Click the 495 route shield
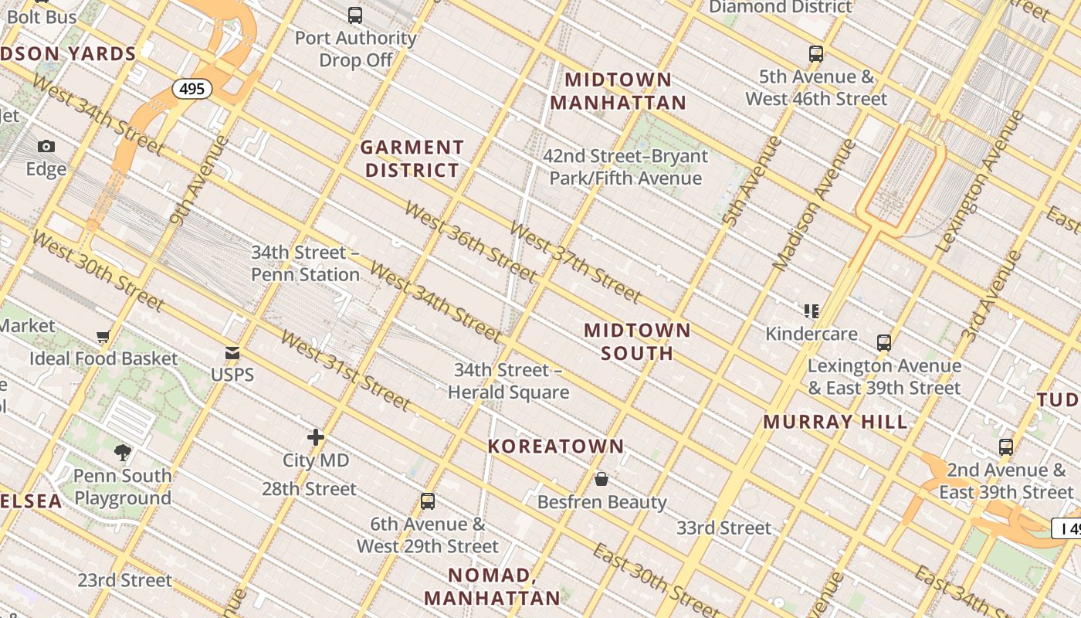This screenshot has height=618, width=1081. click(x=191, y=89)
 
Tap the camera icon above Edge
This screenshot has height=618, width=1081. click(x=46, y=146)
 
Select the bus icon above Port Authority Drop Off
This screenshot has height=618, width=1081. click(x=355, y=15)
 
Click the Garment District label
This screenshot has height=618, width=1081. click(x=412, y=158)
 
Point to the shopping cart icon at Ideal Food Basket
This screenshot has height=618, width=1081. click(x=103, y=336)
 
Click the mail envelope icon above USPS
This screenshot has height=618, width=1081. click(x=232, y=353)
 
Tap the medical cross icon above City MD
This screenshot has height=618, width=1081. click(x=316, y=437)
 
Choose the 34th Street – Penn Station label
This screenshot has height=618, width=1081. click(x=306, y=263)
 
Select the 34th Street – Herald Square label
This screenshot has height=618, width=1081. click(x=509, y=381)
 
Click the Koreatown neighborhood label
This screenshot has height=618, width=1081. click(x=556, y=447)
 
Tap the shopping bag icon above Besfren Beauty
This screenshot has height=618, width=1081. click(x=601, y=479)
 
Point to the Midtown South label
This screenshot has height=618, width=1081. click(x=637, y=341)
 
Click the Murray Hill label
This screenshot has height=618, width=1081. click(x=835, y=423)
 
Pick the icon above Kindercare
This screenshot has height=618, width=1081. click(x=811, y=311)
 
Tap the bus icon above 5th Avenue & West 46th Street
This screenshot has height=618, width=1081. click(x=816, y=54)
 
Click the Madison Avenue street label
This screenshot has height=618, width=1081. click(x=815, y=205)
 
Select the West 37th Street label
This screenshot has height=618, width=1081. click(x=575, y=263)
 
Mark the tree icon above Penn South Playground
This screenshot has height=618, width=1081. click(x=122, y=452)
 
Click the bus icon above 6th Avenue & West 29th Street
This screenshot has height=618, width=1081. click(x=428, y=501)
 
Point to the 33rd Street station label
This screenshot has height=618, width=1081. click(x=723, y=528)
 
